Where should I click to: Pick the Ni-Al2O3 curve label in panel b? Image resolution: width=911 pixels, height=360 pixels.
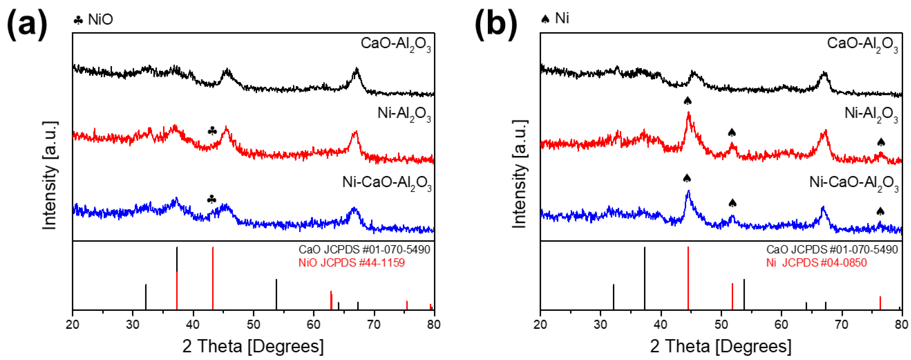point(871,114)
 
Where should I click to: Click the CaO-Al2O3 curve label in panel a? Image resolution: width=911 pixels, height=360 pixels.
point(396,44)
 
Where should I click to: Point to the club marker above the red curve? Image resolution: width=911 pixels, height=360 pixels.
point(212,131)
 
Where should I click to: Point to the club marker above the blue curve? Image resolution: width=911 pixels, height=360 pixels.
point(212,199)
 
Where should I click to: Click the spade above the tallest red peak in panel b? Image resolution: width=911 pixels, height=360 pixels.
point(687,101)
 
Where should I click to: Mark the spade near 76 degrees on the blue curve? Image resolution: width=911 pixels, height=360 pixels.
point(880,212)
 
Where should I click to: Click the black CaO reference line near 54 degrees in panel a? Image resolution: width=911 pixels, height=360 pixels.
point(276,294)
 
